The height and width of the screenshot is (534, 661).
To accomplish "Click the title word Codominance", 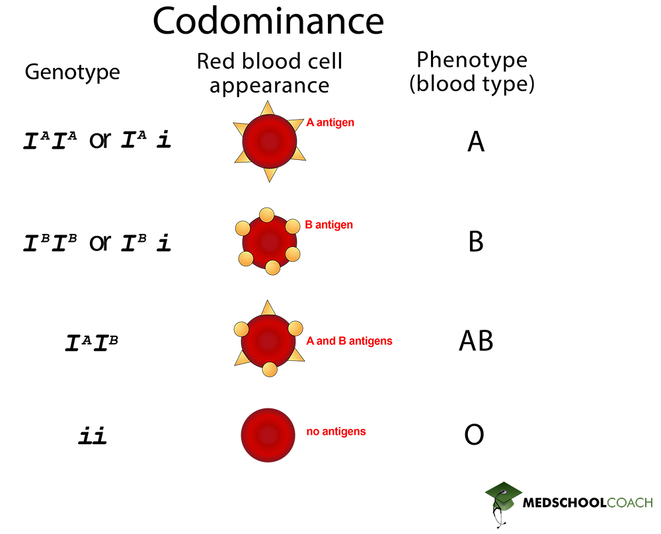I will coord(268,22).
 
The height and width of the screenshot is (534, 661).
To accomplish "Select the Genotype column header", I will coord(72,71).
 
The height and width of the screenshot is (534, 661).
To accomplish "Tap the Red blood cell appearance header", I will coord(270,73).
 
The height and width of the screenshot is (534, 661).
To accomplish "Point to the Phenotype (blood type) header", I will coord(472,72).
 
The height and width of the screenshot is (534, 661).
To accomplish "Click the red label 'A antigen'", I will coord(330,122).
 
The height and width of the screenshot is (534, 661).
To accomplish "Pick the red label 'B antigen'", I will coord(329,225).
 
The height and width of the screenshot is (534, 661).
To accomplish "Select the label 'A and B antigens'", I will coord(349,341).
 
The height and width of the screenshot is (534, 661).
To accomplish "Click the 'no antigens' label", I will coord(336,432).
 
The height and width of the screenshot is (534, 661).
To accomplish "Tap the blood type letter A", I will coord(476,141).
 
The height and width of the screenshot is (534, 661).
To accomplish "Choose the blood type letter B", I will coord(476,242).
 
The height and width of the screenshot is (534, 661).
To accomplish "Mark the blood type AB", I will coord(476,341).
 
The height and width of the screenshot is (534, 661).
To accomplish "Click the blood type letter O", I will coord(474,436).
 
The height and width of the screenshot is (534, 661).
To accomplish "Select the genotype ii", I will coord(93,437).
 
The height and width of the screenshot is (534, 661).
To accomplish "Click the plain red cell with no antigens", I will coord(268,434).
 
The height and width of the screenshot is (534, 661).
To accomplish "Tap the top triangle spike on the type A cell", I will coord(268,109).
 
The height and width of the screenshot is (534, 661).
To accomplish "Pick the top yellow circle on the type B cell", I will coord(266,215).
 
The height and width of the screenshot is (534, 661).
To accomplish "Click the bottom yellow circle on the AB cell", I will coord(269,369).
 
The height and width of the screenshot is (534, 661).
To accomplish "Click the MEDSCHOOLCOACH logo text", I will coord(587,503).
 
